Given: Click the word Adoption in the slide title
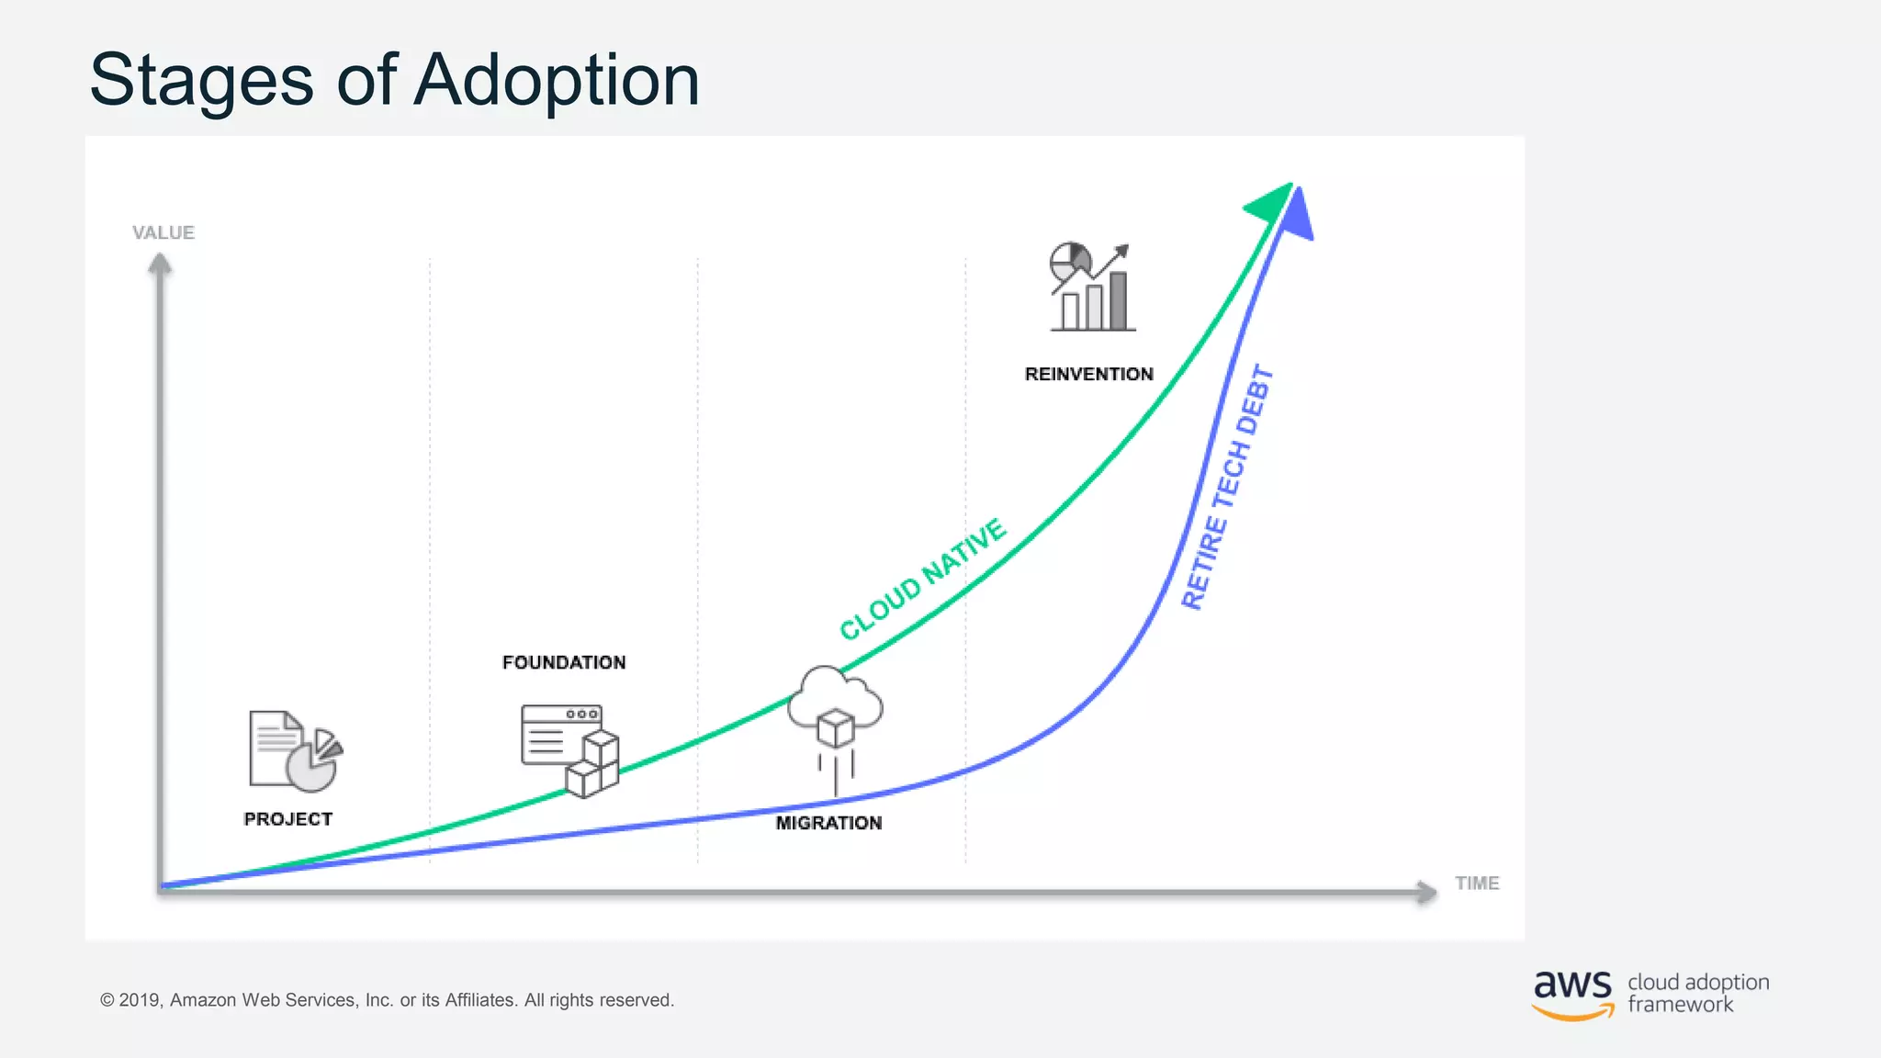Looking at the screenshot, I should tap(557, 81).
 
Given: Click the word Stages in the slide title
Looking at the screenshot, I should tap(201, 81).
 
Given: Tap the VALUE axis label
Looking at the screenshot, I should tap(163, 232).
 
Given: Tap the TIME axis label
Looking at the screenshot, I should tap(1477, 883).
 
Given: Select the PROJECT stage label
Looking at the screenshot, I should tap(287, 818).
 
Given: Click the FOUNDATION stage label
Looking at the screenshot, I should tap(564, 662).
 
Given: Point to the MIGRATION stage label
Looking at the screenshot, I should tap(828, 823).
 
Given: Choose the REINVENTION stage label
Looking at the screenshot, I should tap(1088, 374).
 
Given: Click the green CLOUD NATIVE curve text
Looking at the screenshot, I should tap(922, 580).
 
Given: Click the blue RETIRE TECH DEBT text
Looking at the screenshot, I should tap(1227, 488).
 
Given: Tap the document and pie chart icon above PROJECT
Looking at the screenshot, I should tap(295, 750).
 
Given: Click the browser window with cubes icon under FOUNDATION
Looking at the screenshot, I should tap(569, 749).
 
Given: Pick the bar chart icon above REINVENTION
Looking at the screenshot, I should tap(1091, 287).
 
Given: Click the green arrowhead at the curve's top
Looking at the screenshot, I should tap(1271, 203).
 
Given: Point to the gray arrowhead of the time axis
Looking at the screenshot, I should tap(1425, 891).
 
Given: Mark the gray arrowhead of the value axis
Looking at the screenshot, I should tap(161, 264).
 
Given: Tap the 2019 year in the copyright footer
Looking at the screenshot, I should tap(140, 1000).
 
